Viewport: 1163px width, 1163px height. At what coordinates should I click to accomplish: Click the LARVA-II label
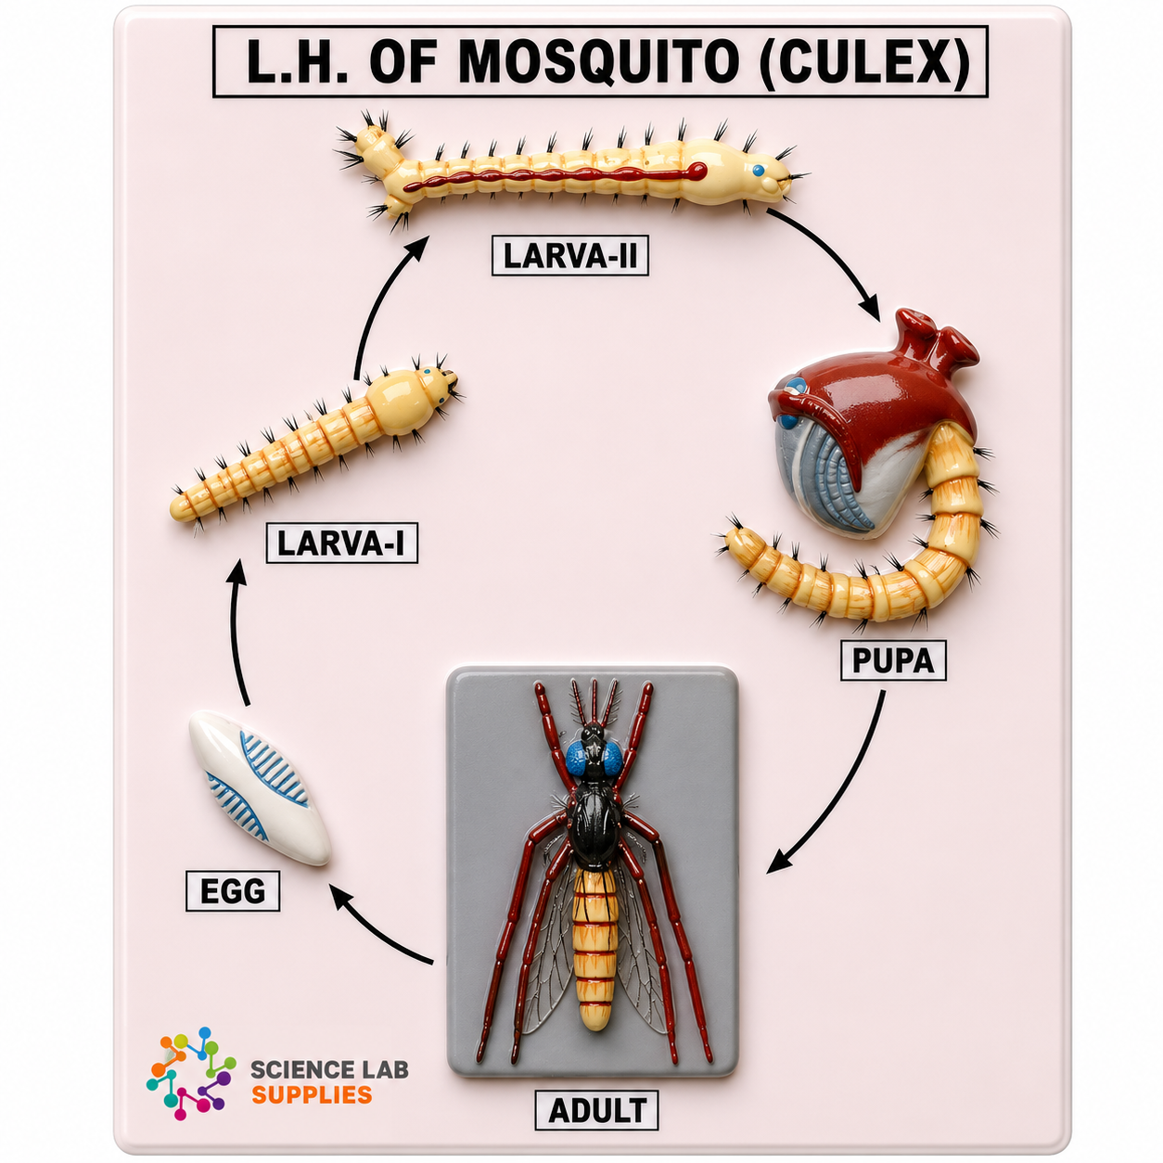point(569,255)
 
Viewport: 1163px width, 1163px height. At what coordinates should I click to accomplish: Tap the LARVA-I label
point(341,543)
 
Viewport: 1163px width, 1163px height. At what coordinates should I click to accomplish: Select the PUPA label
point(892,661)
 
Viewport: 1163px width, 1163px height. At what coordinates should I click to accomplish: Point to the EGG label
point(233,891)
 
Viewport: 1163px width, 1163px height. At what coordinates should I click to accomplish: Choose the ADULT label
point(596,1110)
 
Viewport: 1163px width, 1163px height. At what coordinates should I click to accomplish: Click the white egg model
point(260,787)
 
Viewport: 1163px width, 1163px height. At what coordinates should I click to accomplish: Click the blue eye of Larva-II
point(759,171)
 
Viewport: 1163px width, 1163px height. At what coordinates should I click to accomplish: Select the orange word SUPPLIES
point(311,1093)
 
